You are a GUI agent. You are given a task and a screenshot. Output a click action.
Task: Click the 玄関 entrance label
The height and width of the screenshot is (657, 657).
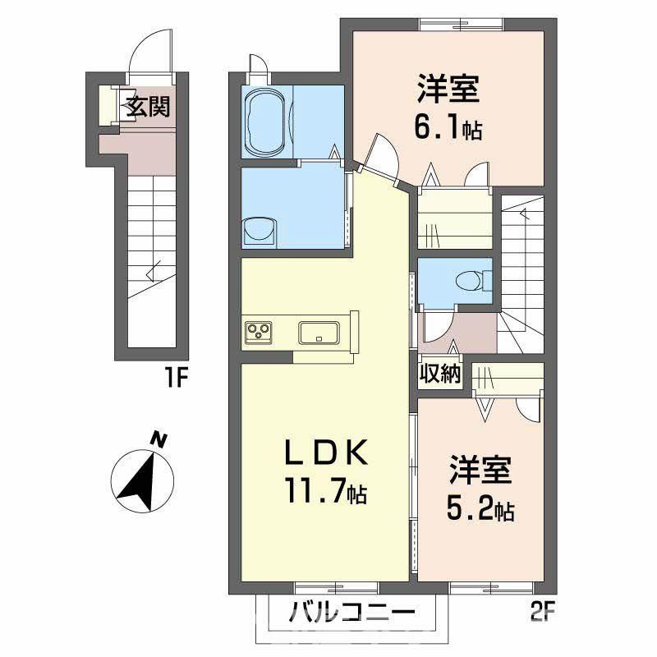(149, 106)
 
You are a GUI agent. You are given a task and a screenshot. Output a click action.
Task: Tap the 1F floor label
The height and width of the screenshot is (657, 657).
(175, 377)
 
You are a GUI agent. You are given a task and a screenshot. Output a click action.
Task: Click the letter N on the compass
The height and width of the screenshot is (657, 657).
(159, 440)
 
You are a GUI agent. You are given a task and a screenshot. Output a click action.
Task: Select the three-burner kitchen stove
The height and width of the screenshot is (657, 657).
(258, 333)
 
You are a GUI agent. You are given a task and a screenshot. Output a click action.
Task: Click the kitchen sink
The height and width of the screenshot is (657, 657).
(319, 333)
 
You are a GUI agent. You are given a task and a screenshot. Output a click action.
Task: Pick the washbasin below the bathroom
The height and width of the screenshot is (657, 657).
(260, 232)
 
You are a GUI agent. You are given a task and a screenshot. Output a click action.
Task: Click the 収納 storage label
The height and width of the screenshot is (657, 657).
(440, 373)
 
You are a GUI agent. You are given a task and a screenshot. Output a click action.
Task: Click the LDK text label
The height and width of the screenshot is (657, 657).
(326, 453)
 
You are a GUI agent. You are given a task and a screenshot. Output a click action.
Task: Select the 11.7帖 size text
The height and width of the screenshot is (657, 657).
(326, 491)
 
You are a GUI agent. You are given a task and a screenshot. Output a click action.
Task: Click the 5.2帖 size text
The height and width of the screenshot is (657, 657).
(480, 508)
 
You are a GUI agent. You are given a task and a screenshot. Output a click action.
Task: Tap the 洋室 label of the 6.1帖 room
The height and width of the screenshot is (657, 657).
(448, 88)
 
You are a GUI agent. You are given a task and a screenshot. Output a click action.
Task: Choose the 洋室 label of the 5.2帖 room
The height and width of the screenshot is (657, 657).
(480, 469)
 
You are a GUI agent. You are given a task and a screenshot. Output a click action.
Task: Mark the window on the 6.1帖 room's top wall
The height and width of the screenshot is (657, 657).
(462, 25)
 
